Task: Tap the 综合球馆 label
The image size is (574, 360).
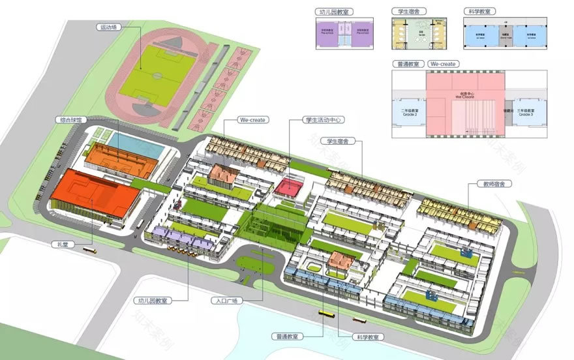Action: (72, 120)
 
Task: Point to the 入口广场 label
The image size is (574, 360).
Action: (227, 301)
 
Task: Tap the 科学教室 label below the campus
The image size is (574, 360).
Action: (370, 337)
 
